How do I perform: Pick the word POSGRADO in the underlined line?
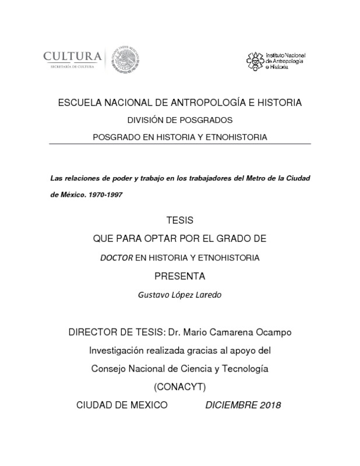pyautogui.click(x=117, y=137)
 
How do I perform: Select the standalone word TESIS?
pyautogui.click(x=179, y=221)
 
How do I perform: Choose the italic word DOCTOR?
pyautogui.click(x=117, y=257)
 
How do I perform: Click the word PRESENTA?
pyautogui.click(x=179, y=276)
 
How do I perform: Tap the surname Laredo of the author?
pyautogui.click(x=206, y=295)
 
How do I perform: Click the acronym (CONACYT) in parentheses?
pyautogui.click(x=179, y=386)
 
